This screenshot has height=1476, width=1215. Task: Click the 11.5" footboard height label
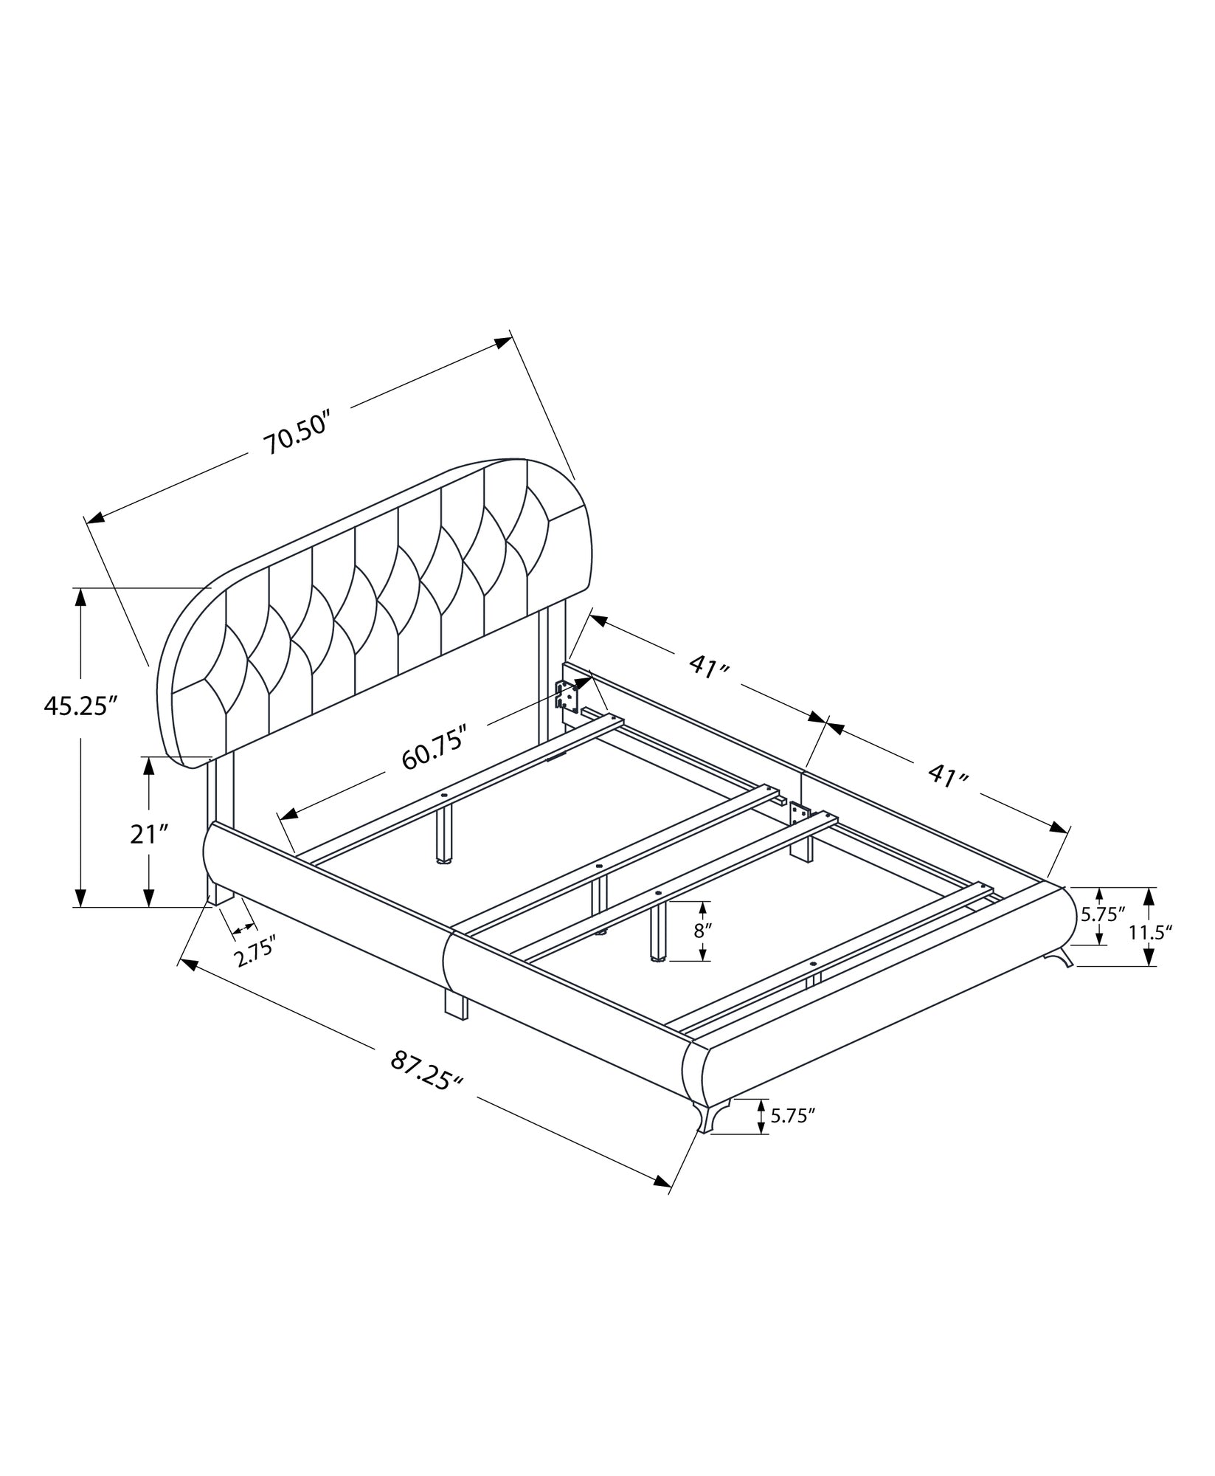(x=1150, y=932)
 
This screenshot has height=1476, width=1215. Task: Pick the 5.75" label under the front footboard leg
(x=792, y=1137)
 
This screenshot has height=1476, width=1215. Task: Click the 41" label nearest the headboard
(x=709, y=666)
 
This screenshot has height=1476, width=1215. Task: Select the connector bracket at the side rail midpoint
(x=796, y=812)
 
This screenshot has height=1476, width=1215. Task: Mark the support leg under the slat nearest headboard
(x=443, y=833)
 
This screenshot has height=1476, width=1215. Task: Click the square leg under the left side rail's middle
(x=456, y=1004)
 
